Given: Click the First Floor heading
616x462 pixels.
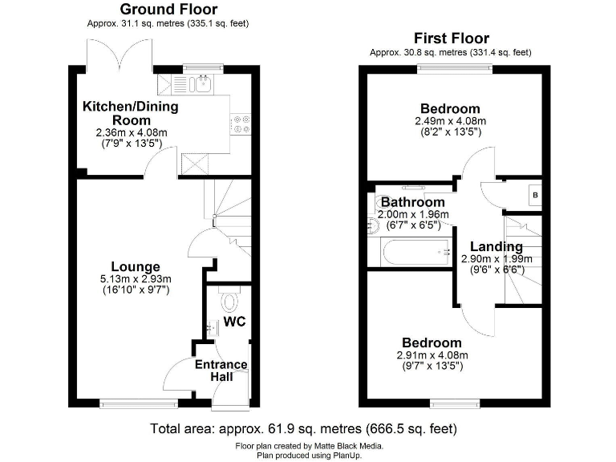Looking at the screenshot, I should pyautogui.click(x=451, y=38).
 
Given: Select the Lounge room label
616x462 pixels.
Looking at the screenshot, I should pyautogui.click(x=136, y=267).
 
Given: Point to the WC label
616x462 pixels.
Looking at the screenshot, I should pyautogui.click(x=234, y=322).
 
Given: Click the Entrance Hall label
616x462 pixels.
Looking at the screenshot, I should pyautogui.click(x=221, y=371).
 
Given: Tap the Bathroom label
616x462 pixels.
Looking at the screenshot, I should pyautogui.click(x=412, y=202).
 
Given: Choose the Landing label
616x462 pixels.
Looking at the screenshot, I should pyautogui.click(x=496, y=247).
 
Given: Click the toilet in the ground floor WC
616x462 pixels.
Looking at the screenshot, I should pyautogui.click(x=231, y=302).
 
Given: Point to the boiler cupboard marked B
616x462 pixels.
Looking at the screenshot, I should pyautogui.click(x=534, y=196).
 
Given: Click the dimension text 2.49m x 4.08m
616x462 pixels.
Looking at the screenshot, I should pyautogui.click(x=450, y=121).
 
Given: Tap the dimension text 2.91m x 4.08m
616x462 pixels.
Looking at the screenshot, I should pyautogui.click(x=432, y=355).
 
